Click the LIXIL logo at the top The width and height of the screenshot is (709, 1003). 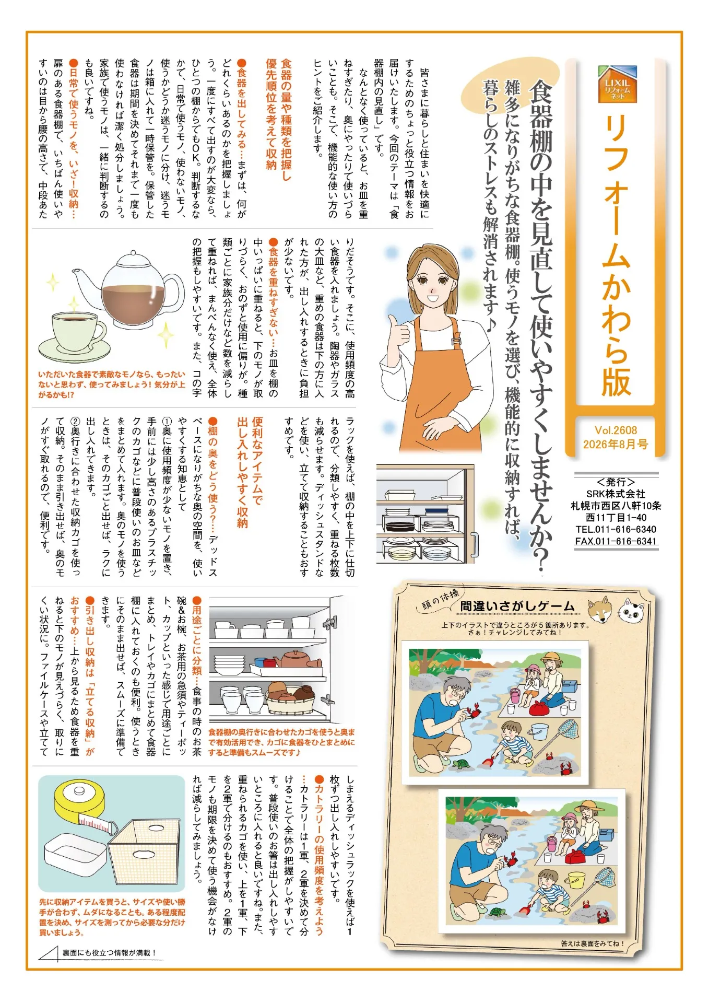click(x=618, y=84)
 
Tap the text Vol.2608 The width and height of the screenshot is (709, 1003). click(x=616, y=430)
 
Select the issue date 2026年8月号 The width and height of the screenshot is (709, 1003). click(x=616, y=445)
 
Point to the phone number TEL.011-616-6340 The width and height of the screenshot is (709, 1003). click(x=616, y=529)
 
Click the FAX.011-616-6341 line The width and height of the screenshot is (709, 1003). click(x=616, y=541)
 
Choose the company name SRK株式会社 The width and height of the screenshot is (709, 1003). click(x=616, y=494)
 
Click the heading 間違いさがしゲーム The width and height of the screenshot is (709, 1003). click(x=517, y=606)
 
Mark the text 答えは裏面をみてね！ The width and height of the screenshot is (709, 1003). click(x=592, y=943)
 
